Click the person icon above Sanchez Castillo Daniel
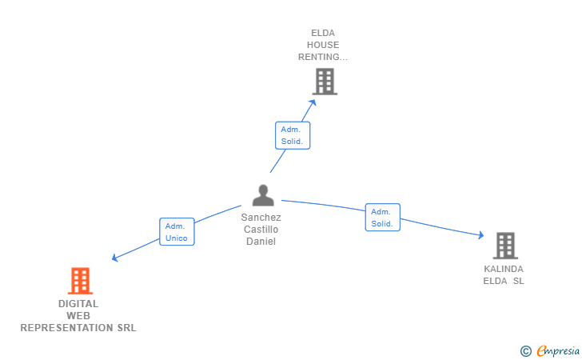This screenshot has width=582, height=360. pos(262,195)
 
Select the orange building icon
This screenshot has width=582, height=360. pos(79,281)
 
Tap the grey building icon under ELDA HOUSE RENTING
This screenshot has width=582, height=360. pos(324,82)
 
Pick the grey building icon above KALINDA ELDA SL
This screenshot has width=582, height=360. pos(504,246)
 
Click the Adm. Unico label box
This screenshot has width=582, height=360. pos(177,232)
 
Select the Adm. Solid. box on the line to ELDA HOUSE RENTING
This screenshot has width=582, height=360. pos(292,135)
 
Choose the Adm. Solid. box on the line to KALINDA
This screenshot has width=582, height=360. pos(383,218)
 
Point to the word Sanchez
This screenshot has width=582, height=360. pos(261,218)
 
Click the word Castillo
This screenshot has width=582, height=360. pos(261,230)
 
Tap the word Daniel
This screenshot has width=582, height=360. pos(261,242)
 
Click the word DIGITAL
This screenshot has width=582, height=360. pos(78,304)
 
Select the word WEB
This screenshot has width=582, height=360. pos(78,316)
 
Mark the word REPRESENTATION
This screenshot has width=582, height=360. pos(64,328)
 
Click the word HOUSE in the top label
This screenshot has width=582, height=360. pos(323,46)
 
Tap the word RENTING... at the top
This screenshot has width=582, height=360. pos(323,58)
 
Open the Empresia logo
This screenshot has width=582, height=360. pos(558,350)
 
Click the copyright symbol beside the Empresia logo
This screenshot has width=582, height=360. pos(525,350)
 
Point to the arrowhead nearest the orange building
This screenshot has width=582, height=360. pos(115,258)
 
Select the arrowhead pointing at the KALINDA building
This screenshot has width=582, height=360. pos(480,235)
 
